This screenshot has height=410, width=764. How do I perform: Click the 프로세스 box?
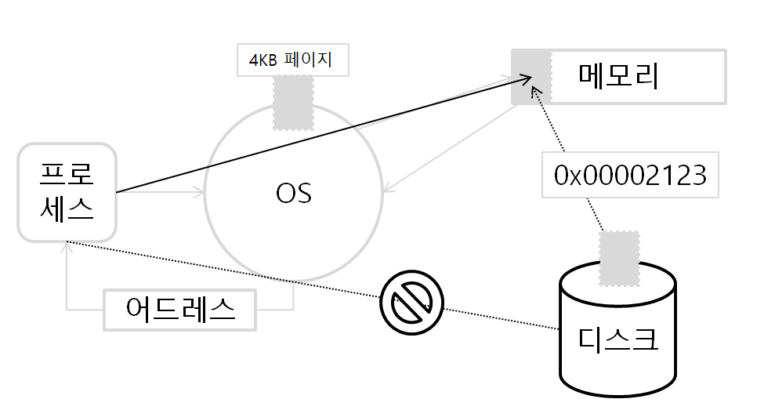pyautogui.click(x=67, y=191)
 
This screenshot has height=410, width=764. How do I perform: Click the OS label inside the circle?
pyautogui.click(x=294, y=193)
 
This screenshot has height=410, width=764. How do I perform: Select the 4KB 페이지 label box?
pyautogui.click(x=293, y=60)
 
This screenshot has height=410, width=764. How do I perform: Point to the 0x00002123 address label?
pyautogui.click(x=630, y=176)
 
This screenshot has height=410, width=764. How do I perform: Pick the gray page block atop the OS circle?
pyautogui.click(x=293, y=102)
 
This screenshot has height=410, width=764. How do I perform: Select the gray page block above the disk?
pyautogui.click(x=619, y=256)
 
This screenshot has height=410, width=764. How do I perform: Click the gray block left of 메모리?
pyautogui.click(x=530, y=76)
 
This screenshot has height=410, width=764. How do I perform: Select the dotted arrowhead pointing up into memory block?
pyautogui.click(x=536, y=91)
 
